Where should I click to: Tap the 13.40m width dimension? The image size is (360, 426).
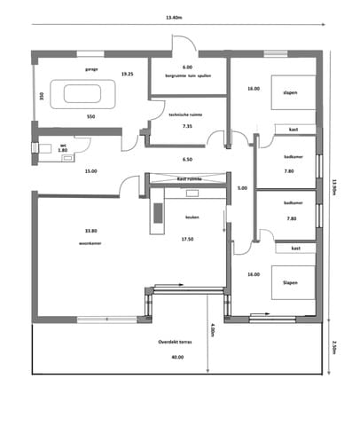tap(174, 18)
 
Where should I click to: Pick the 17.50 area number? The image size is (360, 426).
tap(187, 239)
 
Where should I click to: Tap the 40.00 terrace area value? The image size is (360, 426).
tap(177, 356)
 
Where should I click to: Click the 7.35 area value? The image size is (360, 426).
tap(187, 126)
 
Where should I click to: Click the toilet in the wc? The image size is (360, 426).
tap(43, 149)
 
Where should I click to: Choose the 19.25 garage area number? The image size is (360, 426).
tap(128, 74)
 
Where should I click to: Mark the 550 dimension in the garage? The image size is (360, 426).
tap(91, 116)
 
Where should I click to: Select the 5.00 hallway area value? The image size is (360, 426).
tap(241, 188)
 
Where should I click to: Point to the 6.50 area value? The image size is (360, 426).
tap(187, 160)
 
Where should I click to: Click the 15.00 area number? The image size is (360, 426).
tap(89, 170)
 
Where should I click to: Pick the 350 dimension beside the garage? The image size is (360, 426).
tap(41, 96)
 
